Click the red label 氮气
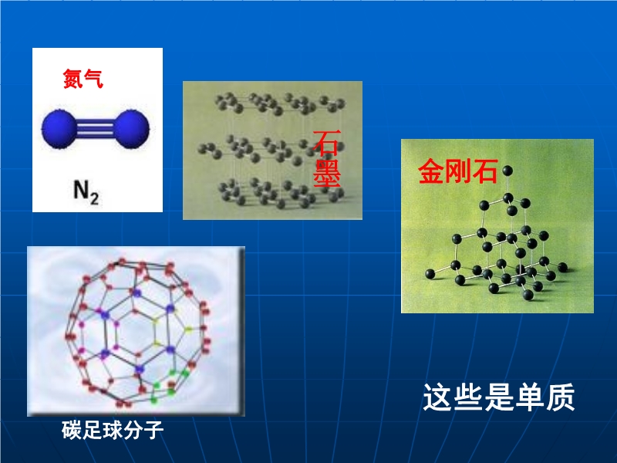pyautogui.click(x=83, y=79)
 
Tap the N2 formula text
pyautogui.click(x=86, y=192)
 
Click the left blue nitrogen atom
pyautogui.click(x=59, y=129)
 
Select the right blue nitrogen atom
pyautogui.click(x=131, y=129)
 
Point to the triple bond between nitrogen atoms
pyautogui.click(x=95, y=129)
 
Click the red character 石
pyautogui.click(x=326, y=144)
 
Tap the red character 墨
pyautogui.click(x=326, y=173)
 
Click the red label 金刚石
pyautogui.click(x=458, y=171)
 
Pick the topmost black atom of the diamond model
pyautogui.click(x=507, y=171)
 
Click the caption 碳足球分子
pyautogui.click(x=113, y=430)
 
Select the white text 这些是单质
pyautogui.click(x=499, y=397)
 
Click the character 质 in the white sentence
pyautogui.click(x=561, y=397)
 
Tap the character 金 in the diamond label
pyautogui.click(x=431, y=171)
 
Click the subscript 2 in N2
pyautogui.click(x=94, y=198)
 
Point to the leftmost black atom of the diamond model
pyautogui.click(x=430, y=274)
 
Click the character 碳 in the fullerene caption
pyautogui.click(x=72, y=430)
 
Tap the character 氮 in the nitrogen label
pyautogui.click(x=72, y=79)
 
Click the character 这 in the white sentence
pyautogui.click(x=437, y=397)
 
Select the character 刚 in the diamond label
pyautogui.click(x=458, y=171)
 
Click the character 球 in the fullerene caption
pyautogui.click(x=113, y=430)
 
